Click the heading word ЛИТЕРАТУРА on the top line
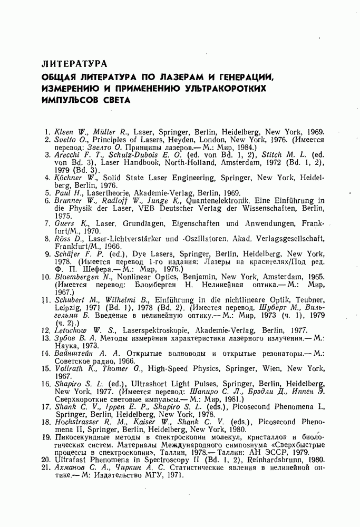(x=74, y=64)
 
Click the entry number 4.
(x=47, y=178)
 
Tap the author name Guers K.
(x=68, y=223)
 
